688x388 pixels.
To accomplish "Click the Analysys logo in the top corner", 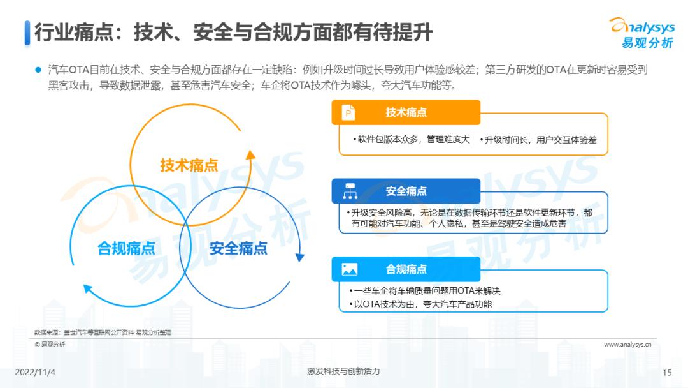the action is tap(643, 33).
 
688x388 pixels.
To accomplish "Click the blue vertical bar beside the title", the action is tap(27, 33).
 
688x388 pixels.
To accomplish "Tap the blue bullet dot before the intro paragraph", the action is tap(38, 70).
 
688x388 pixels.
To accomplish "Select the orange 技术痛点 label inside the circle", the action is tap(189, 165).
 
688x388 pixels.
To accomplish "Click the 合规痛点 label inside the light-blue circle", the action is tap(126, 248).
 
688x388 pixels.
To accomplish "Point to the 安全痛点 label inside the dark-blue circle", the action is tap(238, 248).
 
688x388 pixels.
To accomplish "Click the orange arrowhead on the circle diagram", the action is tap(250, 154).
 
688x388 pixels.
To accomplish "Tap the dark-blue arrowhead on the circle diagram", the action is tap(300, 257).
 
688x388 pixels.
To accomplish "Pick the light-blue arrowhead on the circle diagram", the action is tap(88, 289).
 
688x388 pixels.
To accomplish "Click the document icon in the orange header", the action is tap(348, 112).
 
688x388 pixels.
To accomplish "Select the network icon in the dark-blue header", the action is tap(350, 191).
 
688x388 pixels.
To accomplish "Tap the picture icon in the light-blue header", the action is tap(350, 269).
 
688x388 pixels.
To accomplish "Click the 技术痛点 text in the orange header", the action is tap(406, 112).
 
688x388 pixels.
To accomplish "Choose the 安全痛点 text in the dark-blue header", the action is tap(406, 191).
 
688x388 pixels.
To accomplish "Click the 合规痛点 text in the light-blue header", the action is tap(406, 269).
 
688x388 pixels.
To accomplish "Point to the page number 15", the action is tap(667, 373).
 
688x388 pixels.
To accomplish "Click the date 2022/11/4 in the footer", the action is tap(35, 372).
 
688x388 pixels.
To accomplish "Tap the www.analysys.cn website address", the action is tap(627, 345).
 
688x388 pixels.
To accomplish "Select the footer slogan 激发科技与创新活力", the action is tap(343, 371).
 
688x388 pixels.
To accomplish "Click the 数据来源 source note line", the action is tap(103, 332).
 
